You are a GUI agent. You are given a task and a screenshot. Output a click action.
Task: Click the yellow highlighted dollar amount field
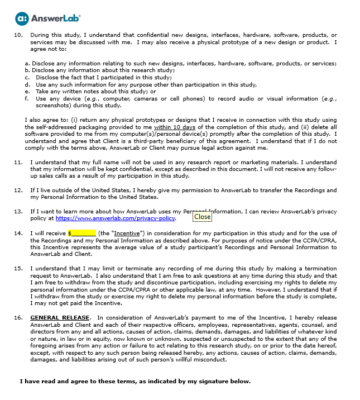point(82,232)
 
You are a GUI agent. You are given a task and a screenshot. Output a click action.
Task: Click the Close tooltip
point(202,217)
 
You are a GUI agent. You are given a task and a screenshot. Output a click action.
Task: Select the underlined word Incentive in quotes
point(127,232)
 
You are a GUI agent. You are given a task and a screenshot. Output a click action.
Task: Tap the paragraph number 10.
point(18,35)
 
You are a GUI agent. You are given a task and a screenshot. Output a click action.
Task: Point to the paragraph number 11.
point(18,163)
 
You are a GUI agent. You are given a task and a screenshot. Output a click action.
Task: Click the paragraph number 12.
point(18,191)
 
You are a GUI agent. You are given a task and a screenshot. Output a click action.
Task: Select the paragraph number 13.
point(18,211)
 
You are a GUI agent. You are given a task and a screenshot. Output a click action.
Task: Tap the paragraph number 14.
point(18,232)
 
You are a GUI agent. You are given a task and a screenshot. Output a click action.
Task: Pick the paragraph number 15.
point(18,269)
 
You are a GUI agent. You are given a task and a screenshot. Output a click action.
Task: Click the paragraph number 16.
point(18,317)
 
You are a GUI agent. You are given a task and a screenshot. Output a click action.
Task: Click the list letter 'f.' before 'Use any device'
point(27,98)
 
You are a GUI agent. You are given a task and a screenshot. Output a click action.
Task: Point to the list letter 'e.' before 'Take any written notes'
point(27,91)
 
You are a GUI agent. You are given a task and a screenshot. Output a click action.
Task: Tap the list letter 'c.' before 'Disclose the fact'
point(27,77)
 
